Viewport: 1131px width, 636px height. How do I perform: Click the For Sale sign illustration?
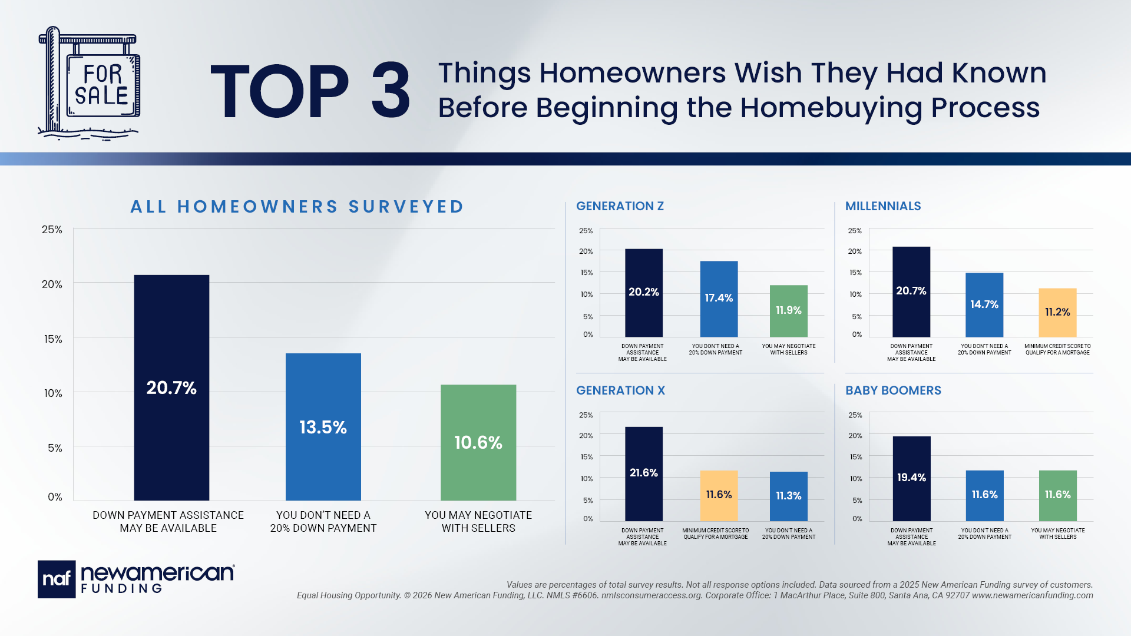tap(90, 83)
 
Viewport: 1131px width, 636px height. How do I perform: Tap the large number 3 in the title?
tap(391, 91)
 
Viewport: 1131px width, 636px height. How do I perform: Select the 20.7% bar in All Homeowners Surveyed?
tap(171, 387)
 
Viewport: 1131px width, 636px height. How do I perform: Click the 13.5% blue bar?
tap(323, 427)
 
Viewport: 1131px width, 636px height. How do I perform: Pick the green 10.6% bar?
tap(478, 443)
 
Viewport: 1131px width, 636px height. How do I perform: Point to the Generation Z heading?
tap(620, 206)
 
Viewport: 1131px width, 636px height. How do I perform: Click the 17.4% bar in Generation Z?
tap(719, 299)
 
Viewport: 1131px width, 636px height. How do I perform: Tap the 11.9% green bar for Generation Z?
tap(789, 311)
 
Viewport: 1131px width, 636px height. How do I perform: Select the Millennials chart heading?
tap(883, 206)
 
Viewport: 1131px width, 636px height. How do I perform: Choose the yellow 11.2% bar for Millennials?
tap(1057, 313)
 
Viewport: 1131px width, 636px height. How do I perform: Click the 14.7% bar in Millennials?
tap(984, 305)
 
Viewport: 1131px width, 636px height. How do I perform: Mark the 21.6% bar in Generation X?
tap(644, 474)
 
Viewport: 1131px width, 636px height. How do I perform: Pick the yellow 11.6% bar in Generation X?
tap(719, 496)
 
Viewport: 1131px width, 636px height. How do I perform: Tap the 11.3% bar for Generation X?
tap(789, 496)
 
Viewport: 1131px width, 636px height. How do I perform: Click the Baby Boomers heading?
tap(893, 390)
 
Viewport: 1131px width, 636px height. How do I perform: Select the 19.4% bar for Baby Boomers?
tap(912, 479)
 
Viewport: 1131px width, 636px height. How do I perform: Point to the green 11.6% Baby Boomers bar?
tap(1058, 496)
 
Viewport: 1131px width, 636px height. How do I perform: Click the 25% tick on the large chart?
tap(52, 230)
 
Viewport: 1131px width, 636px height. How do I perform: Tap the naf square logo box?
tap(57, 579)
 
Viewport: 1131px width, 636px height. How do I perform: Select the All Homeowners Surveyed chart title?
tap(297, 207)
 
